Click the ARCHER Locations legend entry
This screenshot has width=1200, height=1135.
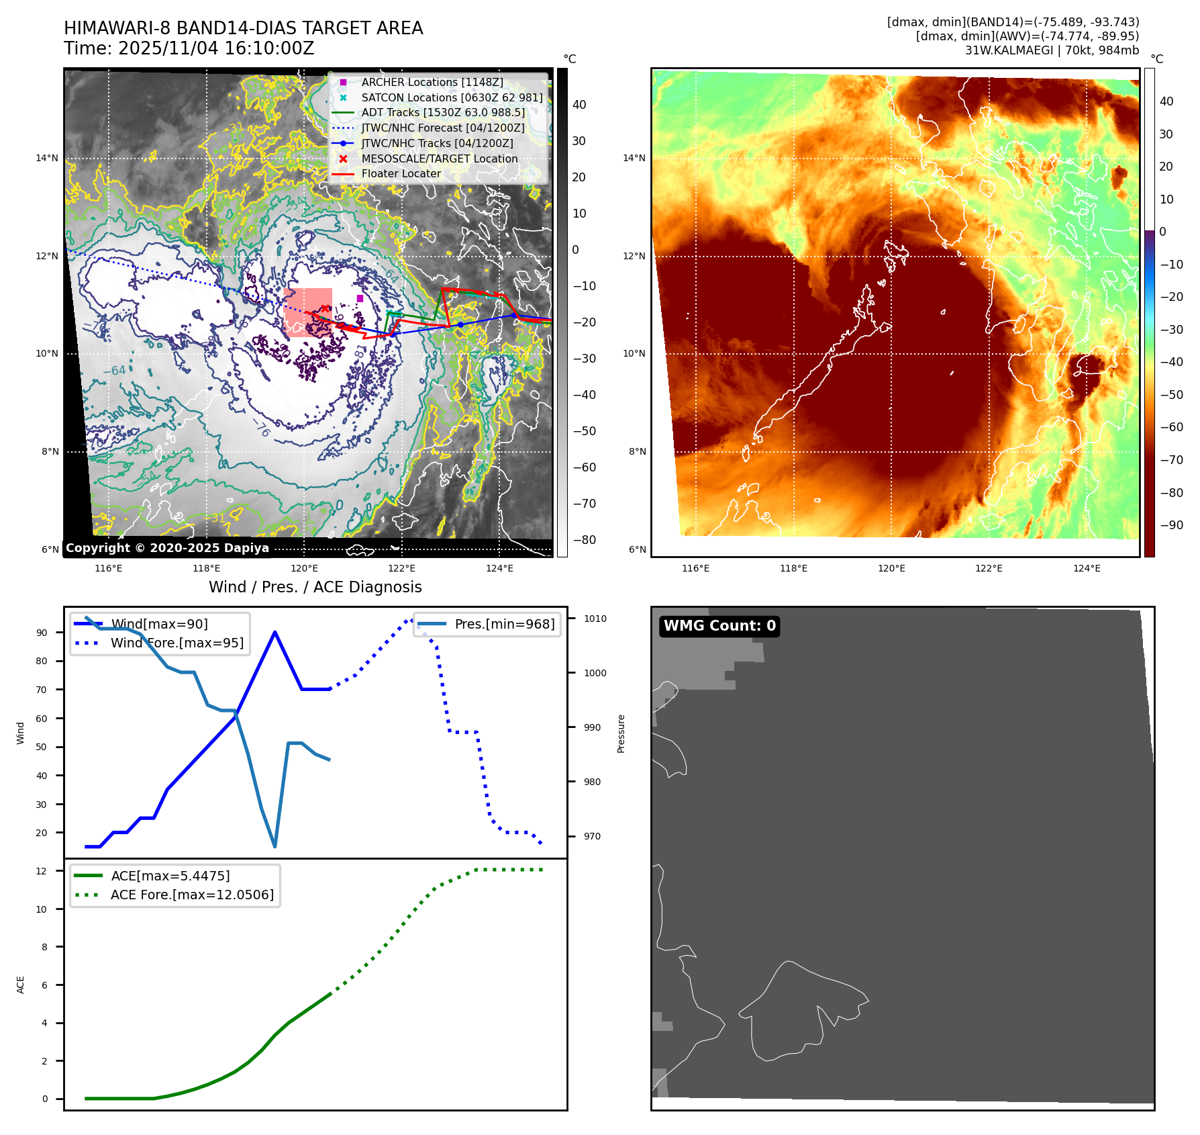[432, 82]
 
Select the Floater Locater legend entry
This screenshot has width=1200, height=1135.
[401, 173]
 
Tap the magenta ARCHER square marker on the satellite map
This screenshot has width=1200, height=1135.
[360, 298]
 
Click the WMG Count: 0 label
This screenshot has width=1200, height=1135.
[719, 626]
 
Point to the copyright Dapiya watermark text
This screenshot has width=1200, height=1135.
[167, 548]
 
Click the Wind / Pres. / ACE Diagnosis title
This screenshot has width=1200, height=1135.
[315, 587]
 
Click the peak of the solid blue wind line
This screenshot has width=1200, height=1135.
[275, 632]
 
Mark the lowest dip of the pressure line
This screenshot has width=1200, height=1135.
[275, 846]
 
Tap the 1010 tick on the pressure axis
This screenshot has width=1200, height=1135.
[595, 619]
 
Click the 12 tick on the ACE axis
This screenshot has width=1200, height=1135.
[42, 871]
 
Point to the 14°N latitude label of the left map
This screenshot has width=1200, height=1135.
[47, 158]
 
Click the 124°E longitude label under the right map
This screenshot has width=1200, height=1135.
[1087, 568]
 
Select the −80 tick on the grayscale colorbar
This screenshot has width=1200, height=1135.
[583, 540]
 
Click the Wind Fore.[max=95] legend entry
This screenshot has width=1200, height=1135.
[177, 643]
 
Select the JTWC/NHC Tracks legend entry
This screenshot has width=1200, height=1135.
[437, 143]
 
